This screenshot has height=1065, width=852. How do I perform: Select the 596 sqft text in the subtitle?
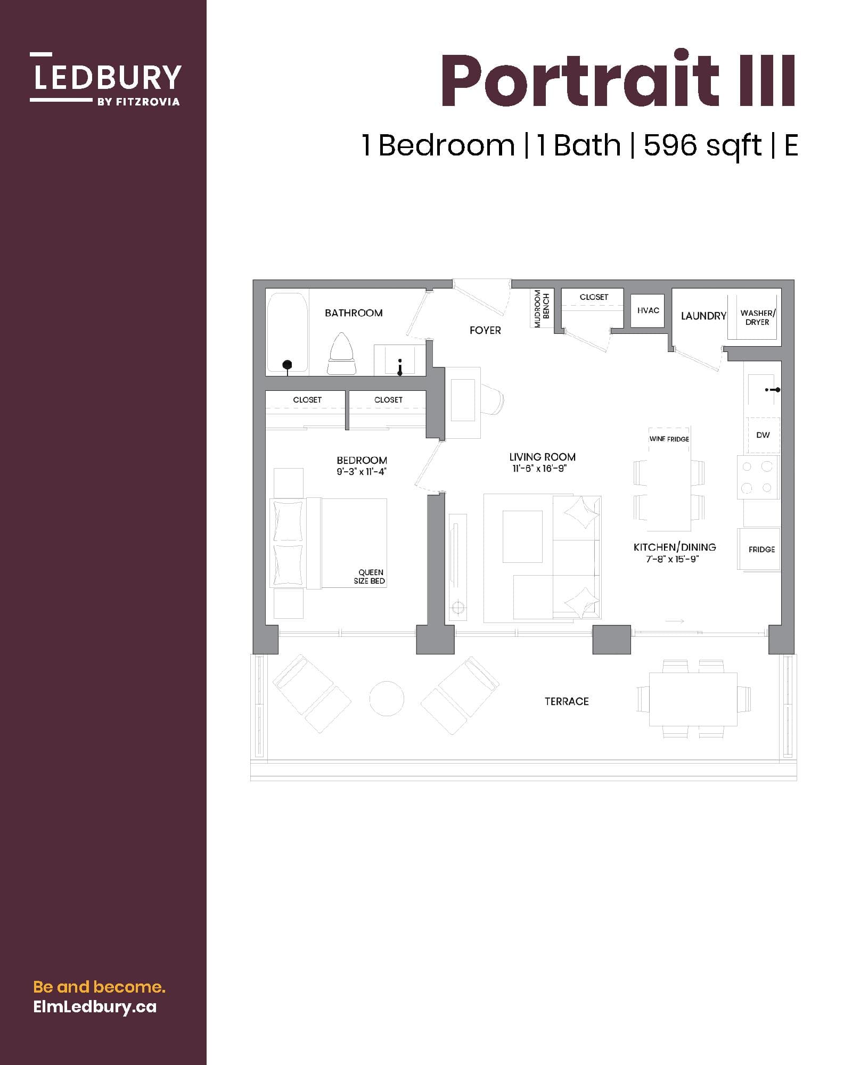click(702, 145)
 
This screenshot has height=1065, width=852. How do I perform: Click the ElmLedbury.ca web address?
click(95, 1006)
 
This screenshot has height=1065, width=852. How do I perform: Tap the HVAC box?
click(648, 310)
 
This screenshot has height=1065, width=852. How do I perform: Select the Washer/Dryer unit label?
click(757, 317)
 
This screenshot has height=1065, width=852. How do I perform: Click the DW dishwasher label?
click(763, 435)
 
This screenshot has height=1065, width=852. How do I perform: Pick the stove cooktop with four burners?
click(757, 477)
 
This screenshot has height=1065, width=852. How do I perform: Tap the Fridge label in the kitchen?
click(761, 549)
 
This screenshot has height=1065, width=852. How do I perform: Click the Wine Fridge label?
click(669, 439)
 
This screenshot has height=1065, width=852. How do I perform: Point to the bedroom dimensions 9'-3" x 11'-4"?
click(361, 472)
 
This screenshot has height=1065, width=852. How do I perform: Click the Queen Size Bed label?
click(370, 577)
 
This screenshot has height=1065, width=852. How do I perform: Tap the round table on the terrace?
click(387, 698)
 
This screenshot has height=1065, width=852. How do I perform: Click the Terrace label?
click(567, 701)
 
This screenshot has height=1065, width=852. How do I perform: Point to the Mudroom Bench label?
click(542, 309)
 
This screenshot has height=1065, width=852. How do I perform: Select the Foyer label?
click(485, 330)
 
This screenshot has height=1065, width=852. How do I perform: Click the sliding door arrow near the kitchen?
click(674, 621)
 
